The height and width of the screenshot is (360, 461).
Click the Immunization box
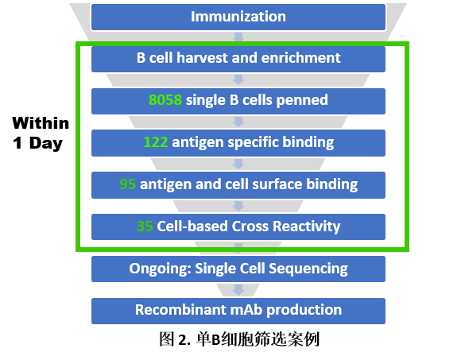click(x=238, y=17)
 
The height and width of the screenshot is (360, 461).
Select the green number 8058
click(x=165, y=100)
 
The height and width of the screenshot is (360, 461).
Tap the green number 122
click(x=156, y=142)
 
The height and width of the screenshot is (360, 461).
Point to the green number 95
click(x=128, y=184)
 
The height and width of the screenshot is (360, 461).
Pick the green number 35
click(x=145, y=226)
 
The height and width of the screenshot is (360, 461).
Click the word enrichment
click(x=300, y=57)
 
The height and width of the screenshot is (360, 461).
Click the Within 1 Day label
click(x=41, y=133)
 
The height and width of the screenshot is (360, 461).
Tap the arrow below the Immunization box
click(x=238, y=37)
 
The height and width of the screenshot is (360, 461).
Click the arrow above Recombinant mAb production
click(x=238, y=290)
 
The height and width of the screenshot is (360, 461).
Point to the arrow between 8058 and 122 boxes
click(x=238, y=122)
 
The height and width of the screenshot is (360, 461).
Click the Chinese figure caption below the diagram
click(x=239, y=339)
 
